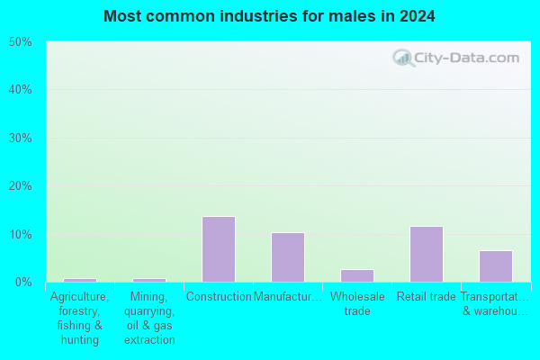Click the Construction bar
[x=219, y=249]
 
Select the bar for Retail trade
[x=427, y=254]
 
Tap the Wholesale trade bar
[x=357, y=276]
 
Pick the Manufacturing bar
[x=288, y=257]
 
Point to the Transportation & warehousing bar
[x=496, y=266]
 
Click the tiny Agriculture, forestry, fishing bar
[x=80, y=281]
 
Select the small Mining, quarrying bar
[x=149, y=281]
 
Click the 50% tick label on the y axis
[x=21, y=42]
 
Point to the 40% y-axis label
[x=21, y=90]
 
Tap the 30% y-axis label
[x=21, y=138]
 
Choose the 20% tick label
[x=21, y=186]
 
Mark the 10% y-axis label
[x=21, y=234]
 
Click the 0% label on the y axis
[x=23, y=282]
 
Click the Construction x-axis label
[x=219, y=297]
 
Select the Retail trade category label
[x=427, y=297]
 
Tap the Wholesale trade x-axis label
[x=357, y=303]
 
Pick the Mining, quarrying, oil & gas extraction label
[x=149, y=318]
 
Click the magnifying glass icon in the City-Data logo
[x=403, y=58]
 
